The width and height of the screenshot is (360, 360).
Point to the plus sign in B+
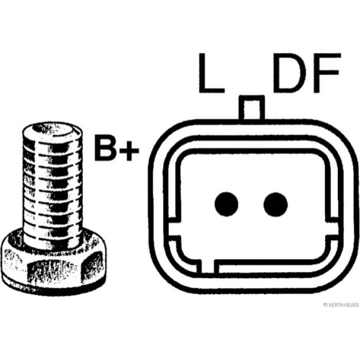pyautogui.click(x=130, y=150)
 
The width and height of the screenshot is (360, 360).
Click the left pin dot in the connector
pyautogui.click(x=226, y=204)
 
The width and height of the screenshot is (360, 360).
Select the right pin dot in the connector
pyautogui.click(x=276, y=204)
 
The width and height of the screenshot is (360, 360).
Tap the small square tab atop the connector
pyautogui.click(x=252, y=107)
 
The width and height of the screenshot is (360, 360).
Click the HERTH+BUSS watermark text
pyautogui.click(x=340, y=305)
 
